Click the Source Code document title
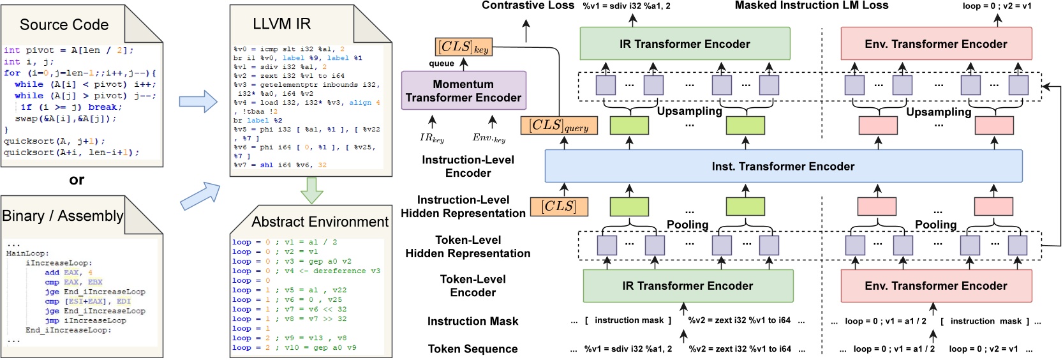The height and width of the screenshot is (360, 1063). click(x=64, y=25)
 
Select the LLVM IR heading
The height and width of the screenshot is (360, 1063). click(x=281, y=24)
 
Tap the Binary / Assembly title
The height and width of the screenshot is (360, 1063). click(x=63, y=216)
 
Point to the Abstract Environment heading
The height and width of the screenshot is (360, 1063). click(x=320, y=221)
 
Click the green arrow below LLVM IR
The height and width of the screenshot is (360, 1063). click(x=311, y=190)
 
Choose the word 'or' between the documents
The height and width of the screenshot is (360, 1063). click(x=77, y=180)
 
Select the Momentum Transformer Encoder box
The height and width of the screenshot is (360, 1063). click(x=463, y=91)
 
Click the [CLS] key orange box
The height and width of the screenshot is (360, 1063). click(x=463, y=47)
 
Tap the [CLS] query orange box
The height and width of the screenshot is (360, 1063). click(x=559, y=126)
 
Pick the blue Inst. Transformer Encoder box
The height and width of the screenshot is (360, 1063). click(x=783, y=167)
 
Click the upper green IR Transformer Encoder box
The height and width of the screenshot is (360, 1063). click(x=685, y=44)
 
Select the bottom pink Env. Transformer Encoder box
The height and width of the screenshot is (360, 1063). click(x=936, y=286)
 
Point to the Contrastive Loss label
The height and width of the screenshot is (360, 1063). click(x=528, y=6)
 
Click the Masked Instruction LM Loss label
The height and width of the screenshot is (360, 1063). click(x=811, y=6)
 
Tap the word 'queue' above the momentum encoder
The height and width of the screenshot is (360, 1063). click(x=442, y=63)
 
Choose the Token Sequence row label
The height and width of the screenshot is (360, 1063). click(x=473, y=349)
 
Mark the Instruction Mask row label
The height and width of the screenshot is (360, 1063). click(x=473, y=322)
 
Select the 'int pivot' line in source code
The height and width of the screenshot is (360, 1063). click(x=68, y=50)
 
